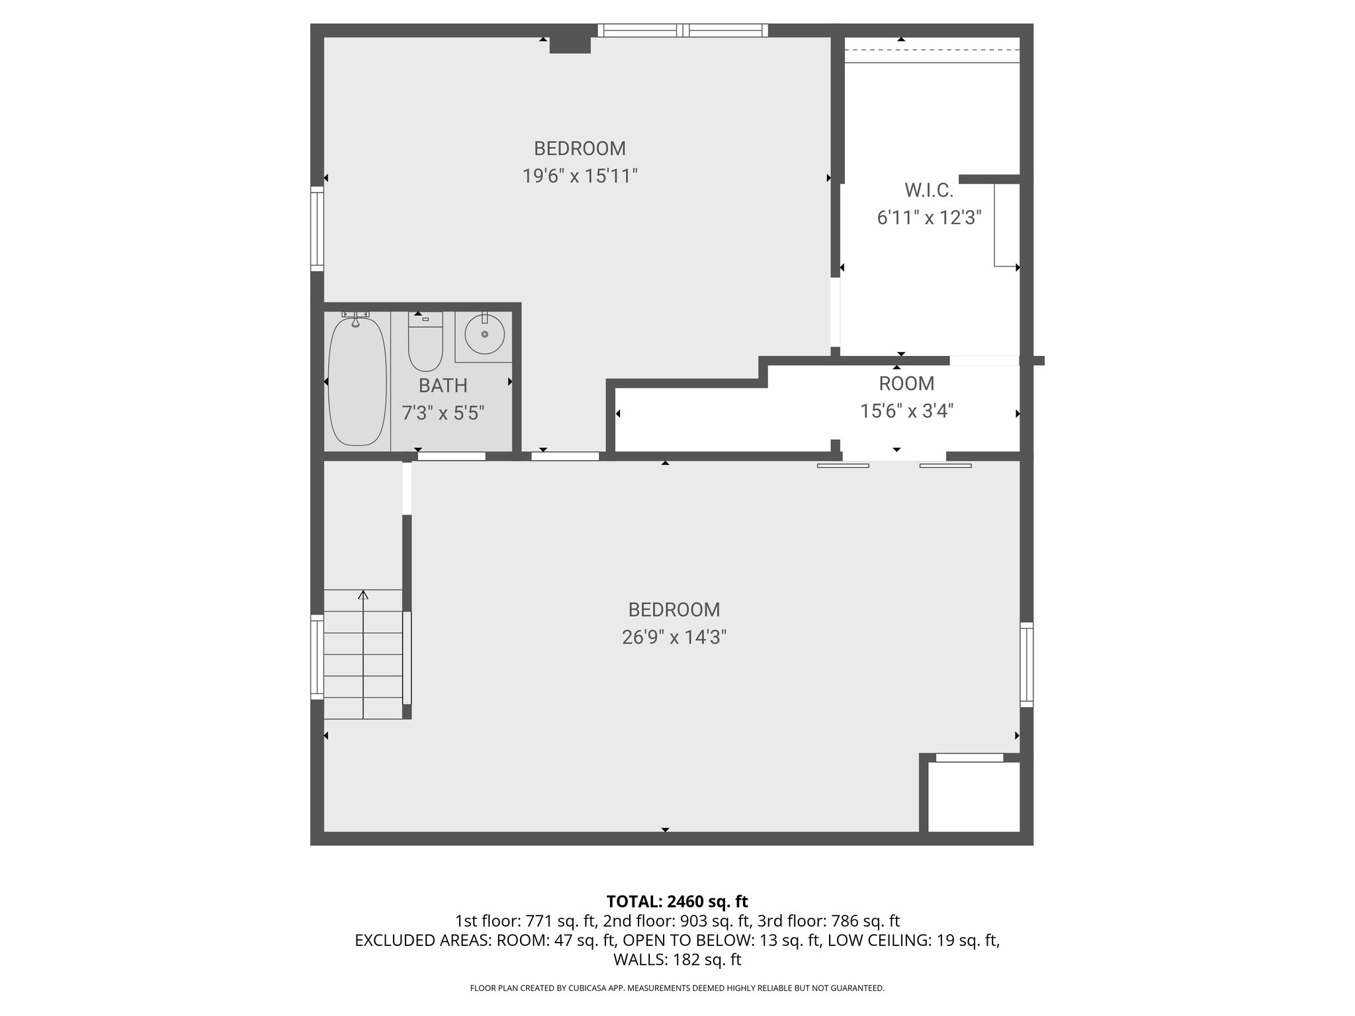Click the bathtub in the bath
coord(357,382)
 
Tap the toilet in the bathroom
coord(425,345)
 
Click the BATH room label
coord(443,385)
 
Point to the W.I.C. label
coord(929,190)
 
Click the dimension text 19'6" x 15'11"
coord(580,176)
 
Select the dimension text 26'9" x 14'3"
coord(674,637)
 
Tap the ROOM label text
coord(906,383)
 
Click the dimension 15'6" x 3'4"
coord(906,411)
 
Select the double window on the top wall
coord(683,30)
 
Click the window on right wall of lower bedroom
coord(1026,664)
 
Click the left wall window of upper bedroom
coord(318,228)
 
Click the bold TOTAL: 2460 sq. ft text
coord(677,901)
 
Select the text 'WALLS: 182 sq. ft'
coord(677,960)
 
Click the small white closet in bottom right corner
coord(973,796)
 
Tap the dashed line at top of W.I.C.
coord(932,50)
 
